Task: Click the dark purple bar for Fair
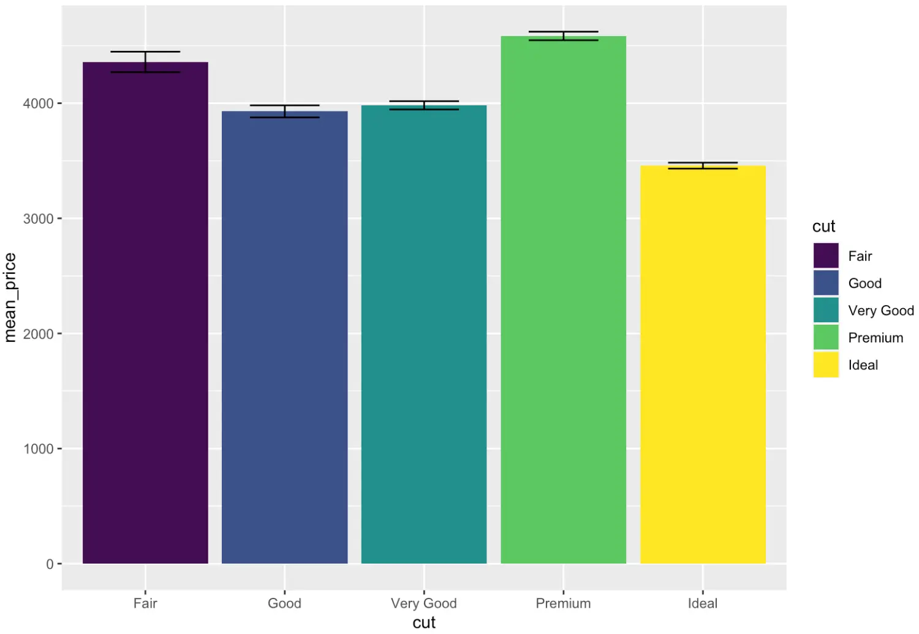point(145,312)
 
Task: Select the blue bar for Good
point(284,337)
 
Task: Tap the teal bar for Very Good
point(424,334)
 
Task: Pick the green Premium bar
point(563,300)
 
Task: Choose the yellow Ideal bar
point(703,364)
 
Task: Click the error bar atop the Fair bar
point(145,62)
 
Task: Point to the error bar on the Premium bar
point(563,36)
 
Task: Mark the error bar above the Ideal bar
point(703,165)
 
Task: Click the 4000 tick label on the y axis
point(38,104)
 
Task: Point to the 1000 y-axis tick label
point(38,449)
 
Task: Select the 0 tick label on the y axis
point(50,564)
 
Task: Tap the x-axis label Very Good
point(424,603)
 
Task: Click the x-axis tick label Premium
point(563,603)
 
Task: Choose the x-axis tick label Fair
point(145,603)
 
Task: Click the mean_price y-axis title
point(10,298)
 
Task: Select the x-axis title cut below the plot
point(424,622)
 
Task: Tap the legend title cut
point(823,227)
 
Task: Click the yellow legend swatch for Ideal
point(826,365)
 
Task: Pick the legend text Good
point(864,284)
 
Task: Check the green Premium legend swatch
point(826,338)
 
